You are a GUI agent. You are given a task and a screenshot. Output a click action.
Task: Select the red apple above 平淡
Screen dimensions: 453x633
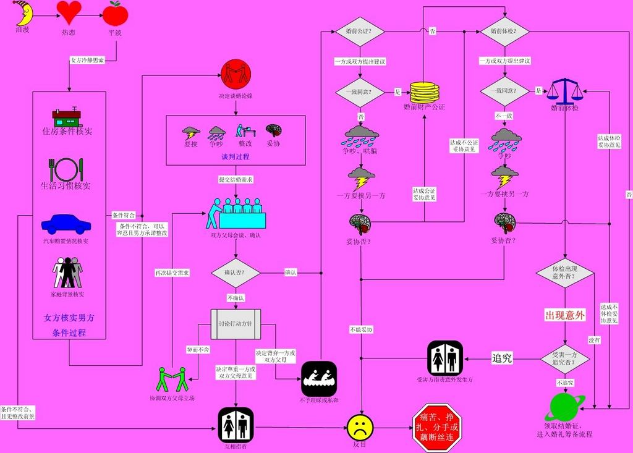(x=115, y=12)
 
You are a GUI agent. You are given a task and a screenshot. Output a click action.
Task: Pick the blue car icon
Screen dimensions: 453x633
(x=66, y=224)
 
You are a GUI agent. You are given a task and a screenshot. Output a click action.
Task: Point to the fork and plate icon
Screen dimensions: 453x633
(x=66, y=169)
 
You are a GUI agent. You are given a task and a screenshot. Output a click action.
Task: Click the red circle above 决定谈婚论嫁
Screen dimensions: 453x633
(x=236, y=75)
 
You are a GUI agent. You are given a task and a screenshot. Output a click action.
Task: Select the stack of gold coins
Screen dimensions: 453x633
(x=424, y=92)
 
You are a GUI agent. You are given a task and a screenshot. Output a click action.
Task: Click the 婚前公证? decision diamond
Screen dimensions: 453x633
(x=359, y=31)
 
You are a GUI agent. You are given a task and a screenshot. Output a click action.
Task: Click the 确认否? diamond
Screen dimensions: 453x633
(x=235, y=273)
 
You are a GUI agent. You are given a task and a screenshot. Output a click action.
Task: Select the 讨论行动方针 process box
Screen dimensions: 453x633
(x=236, y=324)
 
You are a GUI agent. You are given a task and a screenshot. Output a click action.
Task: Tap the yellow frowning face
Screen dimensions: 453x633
(x=360, y=427)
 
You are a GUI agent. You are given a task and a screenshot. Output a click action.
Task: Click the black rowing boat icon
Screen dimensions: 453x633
(x=319, y=379)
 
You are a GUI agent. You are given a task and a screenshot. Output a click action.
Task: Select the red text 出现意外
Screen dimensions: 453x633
(x=564, y=315)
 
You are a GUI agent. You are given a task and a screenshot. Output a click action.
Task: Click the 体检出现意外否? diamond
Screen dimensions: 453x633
(x=564, y=273)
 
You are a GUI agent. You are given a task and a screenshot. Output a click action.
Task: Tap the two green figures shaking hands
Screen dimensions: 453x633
(x=171, y=379)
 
